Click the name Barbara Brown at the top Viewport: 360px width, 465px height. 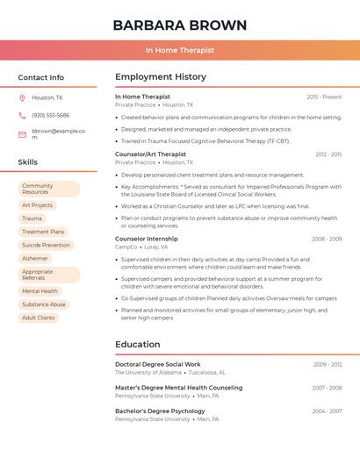[180, 25]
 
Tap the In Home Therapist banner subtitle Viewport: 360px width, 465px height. [180, 50]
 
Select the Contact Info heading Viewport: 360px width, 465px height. [40, 77]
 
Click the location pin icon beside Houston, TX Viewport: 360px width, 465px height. [22, 98]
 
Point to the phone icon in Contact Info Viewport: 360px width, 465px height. [22, 115]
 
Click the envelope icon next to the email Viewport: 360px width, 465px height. [22, 134]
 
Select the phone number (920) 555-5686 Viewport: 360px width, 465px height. [50, 115]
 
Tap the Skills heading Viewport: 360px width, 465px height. [28, 162]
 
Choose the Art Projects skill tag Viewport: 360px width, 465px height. [38, 205]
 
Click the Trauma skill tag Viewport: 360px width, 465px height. [32, 218]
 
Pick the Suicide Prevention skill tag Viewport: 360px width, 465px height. [47, 245]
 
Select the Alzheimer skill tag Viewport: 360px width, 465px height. [35, 258]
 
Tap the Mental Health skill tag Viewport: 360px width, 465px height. [40, 291]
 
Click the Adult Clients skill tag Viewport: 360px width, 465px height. [39, 318]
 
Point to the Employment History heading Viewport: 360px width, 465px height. [161, 77]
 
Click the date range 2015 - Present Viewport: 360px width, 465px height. [324, 97]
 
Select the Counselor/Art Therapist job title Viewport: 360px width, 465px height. [151, 154]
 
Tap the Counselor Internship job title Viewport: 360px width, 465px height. [147, 239]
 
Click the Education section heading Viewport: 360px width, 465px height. [138, 345]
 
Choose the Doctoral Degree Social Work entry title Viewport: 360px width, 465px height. [158, 364]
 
